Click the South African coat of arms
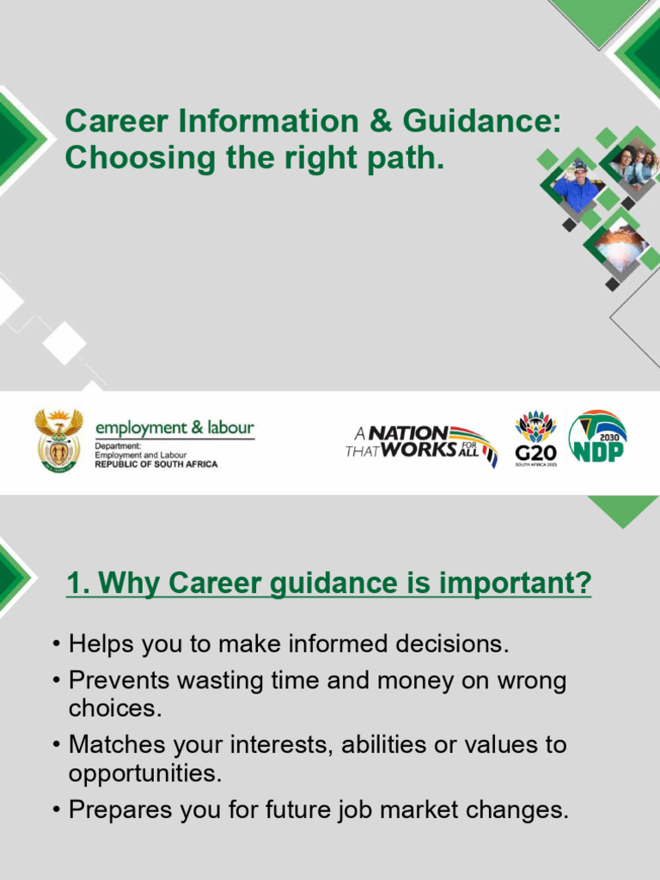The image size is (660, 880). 58,440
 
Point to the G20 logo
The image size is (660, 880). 535,439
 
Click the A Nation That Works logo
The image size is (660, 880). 420,443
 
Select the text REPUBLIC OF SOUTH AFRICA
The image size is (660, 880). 156,464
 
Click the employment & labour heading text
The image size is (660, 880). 174,428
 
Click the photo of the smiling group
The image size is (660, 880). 635,165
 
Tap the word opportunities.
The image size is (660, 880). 144,773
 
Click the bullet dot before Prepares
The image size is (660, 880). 57,810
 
